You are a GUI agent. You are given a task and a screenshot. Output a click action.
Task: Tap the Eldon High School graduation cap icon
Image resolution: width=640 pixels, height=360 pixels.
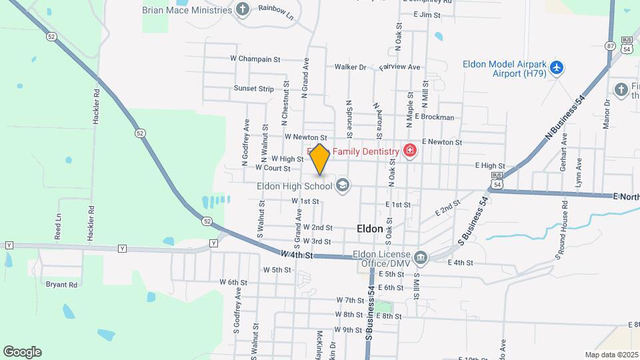(x=343, y=185)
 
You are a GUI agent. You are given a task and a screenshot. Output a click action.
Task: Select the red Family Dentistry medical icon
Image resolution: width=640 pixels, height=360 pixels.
(x=409, y=151)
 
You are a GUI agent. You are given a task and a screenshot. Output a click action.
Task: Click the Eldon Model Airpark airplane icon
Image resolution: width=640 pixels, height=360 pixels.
(x=557, y=69)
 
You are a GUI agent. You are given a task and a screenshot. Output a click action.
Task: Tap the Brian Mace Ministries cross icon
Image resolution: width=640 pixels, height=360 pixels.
(x=243, y=9)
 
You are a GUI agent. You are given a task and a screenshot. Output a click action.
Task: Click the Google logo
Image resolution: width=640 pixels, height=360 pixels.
(x=22, y=352)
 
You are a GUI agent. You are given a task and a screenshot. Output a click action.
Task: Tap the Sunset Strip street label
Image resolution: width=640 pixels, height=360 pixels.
(x=253, y=89)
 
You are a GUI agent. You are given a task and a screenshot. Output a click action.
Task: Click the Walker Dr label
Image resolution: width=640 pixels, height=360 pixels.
(x=351, y=67)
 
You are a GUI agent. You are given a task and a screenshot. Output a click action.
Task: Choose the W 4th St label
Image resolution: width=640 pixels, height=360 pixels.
(x=297, y=254)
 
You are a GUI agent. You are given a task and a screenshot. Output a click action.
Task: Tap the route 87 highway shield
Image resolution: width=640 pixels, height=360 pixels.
(x=610, y=46)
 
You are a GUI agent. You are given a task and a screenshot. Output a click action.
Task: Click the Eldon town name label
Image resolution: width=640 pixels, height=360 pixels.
(x=370, y=229)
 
